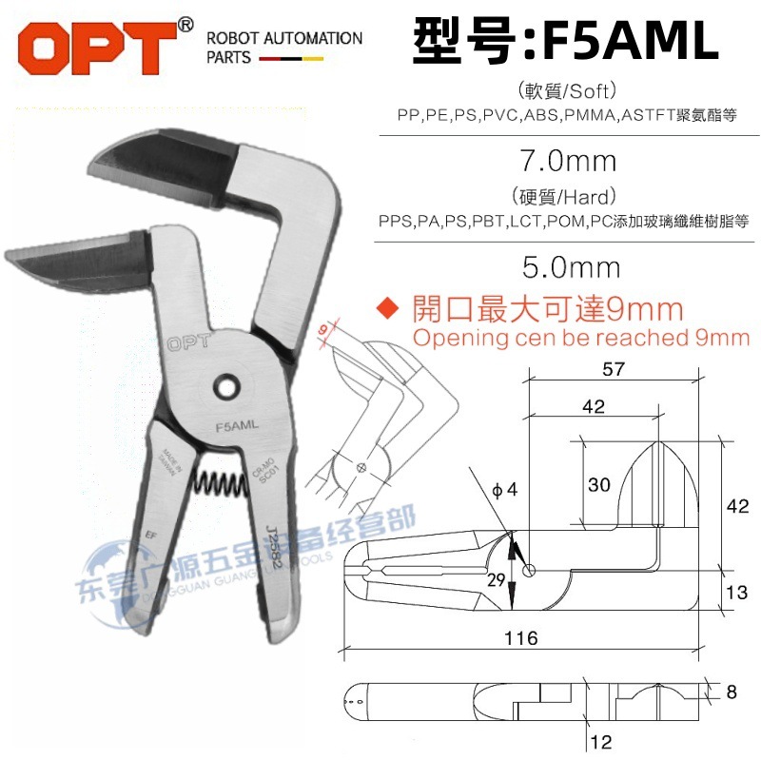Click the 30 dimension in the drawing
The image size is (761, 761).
tap(598, 484)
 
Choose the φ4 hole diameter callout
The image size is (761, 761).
tap(504, 491)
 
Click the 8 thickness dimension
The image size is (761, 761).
tap(731, 693)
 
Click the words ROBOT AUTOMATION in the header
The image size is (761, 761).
tap(284, 39)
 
